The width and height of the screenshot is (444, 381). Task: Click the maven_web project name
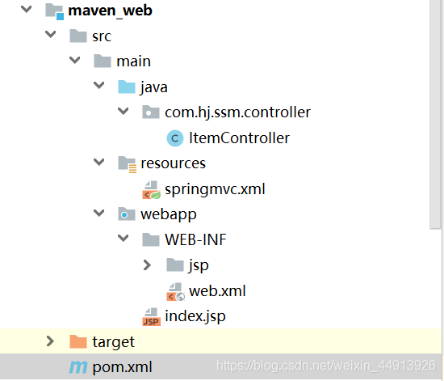pos(110,11)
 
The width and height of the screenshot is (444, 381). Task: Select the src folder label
pos(102,36)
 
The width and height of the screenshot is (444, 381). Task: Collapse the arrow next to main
pos(75,60)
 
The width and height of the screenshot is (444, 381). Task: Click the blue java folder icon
pos(126,87)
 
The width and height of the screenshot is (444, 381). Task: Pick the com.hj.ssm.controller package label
pos(237,112)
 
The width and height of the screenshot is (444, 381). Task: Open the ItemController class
pos(239,138)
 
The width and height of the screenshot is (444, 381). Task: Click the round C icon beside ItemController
pos(175,138)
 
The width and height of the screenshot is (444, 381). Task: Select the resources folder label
pos(173,163)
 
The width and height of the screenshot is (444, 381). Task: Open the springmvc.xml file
pos(215,189)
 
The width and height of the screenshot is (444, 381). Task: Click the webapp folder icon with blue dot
pos(126,214)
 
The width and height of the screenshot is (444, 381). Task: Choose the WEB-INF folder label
pos(195,239)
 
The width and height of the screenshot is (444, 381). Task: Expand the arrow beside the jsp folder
pos(147,265)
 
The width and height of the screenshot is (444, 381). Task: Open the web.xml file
pos(217,291)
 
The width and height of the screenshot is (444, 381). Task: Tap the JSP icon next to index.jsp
pos(151,317)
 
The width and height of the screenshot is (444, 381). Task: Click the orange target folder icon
pos(77,341)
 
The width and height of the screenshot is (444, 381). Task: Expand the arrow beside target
pos(50,341)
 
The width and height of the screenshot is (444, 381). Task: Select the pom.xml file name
pos(122,367)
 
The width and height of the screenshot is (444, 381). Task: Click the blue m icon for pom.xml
pos(78,367)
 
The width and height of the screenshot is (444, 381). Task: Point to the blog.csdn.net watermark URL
pos(326,366)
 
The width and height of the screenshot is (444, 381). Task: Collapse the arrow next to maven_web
pos(27,9)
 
